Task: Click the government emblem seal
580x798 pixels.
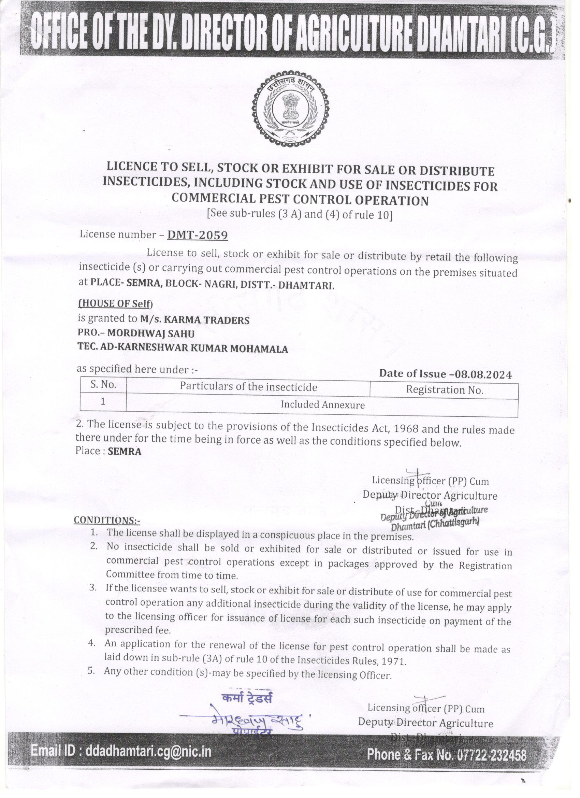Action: click(x=291, y=110)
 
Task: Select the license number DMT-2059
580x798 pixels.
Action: click(x=197, y=236)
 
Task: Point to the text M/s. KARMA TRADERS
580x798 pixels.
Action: click(x=194, y=320)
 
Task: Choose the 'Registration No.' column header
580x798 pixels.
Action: click(x=444, y=390)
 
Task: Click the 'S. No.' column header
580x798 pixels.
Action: click(x=103, y=385)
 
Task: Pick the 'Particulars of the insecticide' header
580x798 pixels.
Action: click(x=248, y=387)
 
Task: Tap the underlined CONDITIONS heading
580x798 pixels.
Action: click(x=106, y=520)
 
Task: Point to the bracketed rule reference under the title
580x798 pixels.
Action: click(x=300, y=214)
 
